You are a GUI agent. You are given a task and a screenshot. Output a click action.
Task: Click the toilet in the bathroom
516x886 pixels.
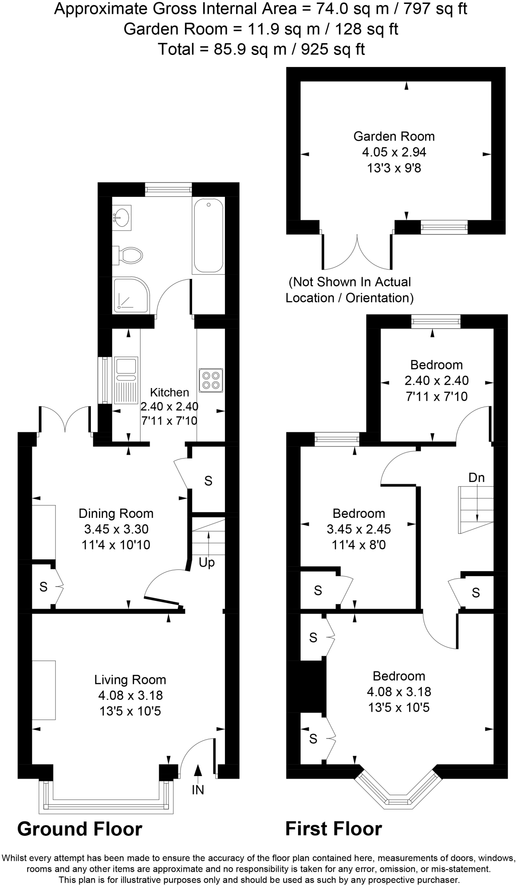point(129,255)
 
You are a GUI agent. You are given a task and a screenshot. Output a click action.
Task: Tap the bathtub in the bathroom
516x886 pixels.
point(208,236)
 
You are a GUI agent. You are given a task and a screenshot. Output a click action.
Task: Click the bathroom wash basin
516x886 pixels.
point(122,215)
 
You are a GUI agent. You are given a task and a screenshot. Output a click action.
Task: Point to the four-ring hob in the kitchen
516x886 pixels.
point(211,380)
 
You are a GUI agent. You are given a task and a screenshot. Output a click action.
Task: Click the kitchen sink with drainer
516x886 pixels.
point(126,379)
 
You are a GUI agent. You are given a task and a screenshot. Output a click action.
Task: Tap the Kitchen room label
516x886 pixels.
point(169,392)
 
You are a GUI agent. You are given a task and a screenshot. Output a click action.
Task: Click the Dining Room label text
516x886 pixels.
point(116,514)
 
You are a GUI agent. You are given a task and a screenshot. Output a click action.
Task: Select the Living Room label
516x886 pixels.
point(130,680)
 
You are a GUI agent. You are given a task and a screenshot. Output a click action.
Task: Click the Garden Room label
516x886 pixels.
point(394,136)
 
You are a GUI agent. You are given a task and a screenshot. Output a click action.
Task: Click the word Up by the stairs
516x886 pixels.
point(207,563)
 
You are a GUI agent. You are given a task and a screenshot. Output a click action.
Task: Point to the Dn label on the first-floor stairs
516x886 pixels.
point(476,478)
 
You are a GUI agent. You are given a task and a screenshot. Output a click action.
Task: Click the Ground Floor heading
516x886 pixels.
point(80,829)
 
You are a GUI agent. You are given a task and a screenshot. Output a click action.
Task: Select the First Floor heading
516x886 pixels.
point(333,829)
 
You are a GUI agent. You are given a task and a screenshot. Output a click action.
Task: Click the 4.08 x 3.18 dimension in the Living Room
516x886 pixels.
point(130,695)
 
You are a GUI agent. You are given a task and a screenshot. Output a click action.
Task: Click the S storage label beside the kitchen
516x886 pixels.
point(208,481)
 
